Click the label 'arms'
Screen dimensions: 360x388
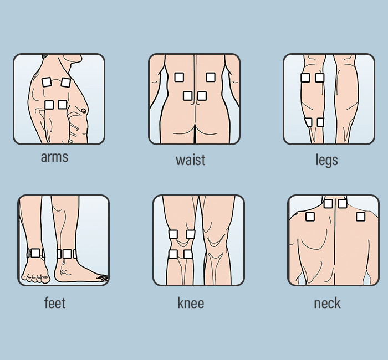(x=54, y=157)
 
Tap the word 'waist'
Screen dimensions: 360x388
(x=190, y=160)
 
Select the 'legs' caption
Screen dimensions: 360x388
(x=326, y=160)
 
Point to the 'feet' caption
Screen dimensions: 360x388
(x=55, y=303)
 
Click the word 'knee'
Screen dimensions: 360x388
(x=191, y=303)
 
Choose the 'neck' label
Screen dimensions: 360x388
(x=327, y=303)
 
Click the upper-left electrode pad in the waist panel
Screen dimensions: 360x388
(x=179, y=78)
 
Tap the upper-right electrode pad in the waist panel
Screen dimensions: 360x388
(x=211, y=78)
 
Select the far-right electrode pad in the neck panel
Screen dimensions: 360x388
(x=361, y=216)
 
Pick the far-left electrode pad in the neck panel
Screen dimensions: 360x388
(x=310, y=216)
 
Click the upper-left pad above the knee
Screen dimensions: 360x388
(x=173, y=234)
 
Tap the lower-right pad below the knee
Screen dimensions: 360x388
(x=188, y=254)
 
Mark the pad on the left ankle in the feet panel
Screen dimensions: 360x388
(x=36, y=253)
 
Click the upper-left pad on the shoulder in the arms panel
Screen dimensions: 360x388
(x=47, y=82)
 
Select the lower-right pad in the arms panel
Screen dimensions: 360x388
(x=63, y=104)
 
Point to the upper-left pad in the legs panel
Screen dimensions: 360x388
(x=305, y=78)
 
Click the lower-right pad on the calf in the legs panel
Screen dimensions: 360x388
(x=320, y=122)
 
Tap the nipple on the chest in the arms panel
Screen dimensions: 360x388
(x=84, y=111)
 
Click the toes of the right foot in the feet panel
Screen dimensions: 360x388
(x=101, y=276)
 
